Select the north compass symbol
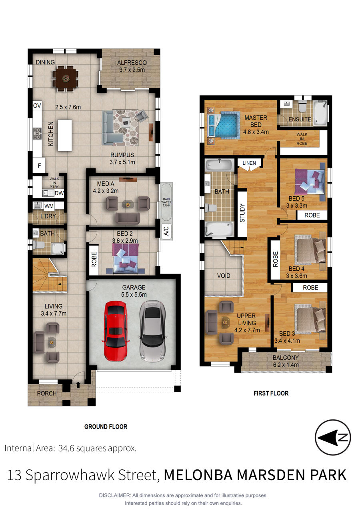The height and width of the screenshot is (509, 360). click(x=333, y=437)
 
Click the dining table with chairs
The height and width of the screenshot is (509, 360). click(x=66, y=78)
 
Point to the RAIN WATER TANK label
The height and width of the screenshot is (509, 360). click(x=166, y=202)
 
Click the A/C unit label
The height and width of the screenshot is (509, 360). click(x=166, y=231)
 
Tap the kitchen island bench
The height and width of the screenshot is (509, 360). click(x=65, y=136)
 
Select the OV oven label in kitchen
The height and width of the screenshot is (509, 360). click(x=37, y=106)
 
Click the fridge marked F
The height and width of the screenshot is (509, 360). click(x=39, y=166)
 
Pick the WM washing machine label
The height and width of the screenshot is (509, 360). click(x=49, y=206)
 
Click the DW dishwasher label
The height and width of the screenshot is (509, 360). click(x=59, y=193)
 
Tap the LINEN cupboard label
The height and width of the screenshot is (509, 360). click(x=249, y=163)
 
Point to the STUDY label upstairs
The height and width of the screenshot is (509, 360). click(x=242, y=213)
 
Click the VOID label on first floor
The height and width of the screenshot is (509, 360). click(x=224, y=275)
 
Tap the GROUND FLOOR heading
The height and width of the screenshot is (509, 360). click(x=106, y=427)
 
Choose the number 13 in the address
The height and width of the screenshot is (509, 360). click(x=14, y=475)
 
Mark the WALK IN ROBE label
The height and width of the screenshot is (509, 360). click(x=302, y=139)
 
